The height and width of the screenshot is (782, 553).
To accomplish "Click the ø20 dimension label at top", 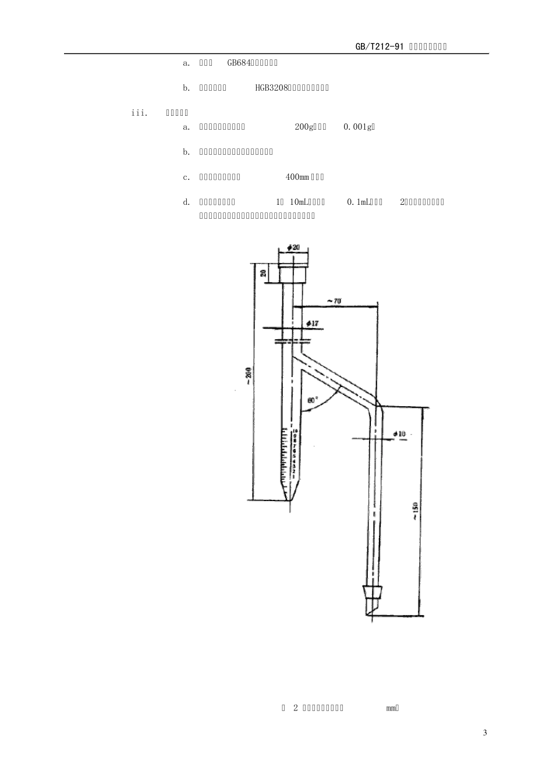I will [x=293, y=247].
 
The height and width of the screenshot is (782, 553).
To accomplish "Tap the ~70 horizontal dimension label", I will [x=334, y=301].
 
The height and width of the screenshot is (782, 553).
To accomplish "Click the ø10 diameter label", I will [x=399, y=434].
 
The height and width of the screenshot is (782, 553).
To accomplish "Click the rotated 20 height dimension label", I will [x=263, y=273].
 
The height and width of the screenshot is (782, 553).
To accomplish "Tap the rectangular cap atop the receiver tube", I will [x=293, y=274].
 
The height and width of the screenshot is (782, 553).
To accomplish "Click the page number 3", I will [x=485, y=733].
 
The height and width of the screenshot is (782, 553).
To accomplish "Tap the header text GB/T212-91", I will [x=380, y=47].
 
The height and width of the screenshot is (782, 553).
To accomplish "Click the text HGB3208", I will [x=272, y=88].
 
